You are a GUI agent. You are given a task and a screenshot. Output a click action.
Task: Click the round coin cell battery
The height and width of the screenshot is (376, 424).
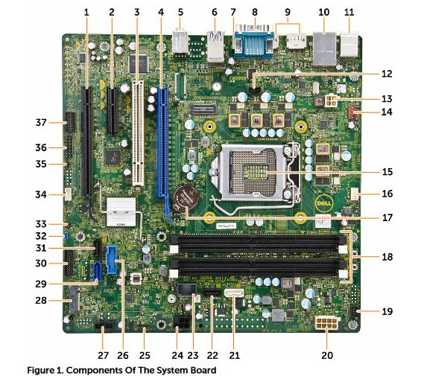186,199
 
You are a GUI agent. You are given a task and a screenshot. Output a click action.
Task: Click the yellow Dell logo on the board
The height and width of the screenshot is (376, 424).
323,203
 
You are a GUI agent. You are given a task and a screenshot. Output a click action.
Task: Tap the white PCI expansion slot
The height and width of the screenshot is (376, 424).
138,133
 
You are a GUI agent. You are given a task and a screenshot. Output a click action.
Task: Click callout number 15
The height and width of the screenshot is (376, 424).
387,171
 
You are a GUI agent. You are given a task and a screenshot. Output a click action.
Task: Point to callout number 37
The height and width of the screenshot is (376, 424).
41,123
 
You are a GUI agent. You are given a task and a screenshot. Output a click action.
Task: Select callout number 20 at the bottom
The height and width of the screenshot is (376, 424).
327,355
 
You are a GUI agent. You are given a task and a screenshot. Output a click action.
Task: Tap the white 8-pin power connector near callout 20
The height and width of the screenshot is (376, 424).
326,322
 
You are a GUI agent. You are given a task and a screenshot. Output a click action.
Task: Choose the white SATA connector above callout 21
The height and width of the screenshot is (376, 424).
234,293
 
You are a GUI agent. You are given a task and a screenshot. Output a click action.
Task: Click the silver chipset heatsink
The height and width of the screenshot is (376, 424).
121,212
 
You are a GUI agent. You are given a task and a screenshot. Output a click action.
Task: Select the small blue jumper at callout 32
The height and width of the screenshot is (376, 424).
66,235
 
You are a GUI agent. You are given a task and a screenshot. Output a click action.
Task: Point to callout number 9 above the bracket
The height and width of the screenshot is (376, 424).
288,12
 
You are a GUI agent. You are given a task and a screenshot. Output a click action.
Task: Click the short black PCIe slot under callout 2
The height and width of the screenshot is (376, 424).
113,111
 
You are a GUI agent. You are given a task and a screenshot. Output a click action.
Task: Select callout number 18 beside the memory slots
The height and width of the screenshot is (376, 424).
387,257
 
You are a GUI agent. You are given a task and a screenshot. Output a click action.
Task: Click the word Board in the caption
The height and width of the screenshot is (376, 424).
203,369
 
